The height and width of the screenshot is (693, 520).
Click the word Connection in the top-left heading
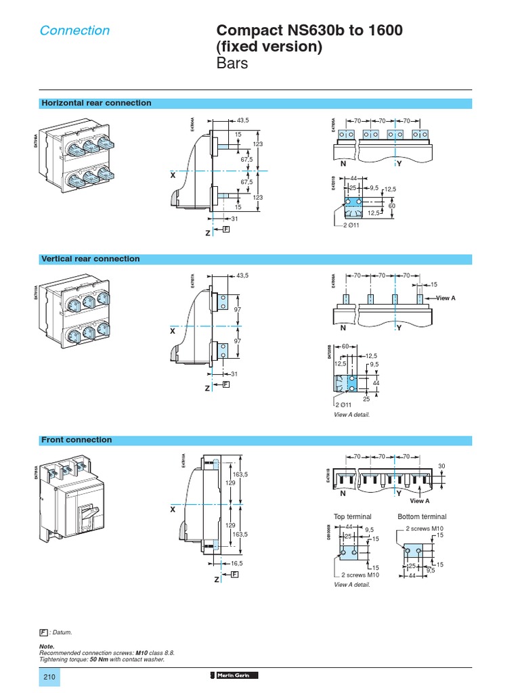[x=74, y=30]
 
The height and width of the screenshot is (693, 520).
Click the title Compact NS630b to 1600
[x=309, y=31]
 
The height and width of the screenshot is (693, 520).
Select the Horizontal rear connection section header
[x=96, y=103]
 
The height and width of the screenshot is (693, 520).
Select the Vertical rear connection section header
[x=90, y=259]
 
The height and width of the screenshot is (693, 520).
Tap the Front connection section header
[x=77, y=440]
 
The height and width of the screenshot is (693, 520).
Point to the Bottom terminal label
[x=422, y=516]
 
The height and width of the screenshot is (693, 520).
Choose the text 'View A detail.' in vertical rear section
[x=352, y=414]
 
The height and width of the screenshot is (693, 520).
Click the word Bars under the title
[x=232, y=64]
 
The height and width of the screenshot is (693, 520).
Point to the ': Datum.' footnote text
[x=60, y=632]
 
